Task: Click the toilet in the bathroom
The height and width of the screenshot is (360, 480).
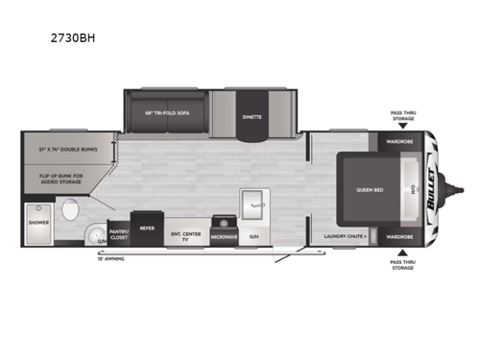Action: [x=68, y=208]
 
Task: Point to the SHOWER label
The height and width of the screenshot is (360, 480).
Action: [x=37, y=222]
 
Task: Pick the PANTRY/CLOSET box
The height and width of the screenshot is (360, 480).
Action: [x=119, y=232]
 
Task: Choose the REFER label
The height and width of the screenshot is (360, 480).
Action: [x=148, y=228]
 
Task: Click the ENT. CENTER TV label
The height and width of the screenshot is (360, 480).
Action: [x=186, y=234]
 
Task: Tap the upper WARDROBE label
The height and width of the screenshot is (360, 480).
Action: [x=399, y=140]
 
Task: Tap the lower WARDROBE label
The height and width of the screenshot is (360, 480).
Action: [x=399, y=235]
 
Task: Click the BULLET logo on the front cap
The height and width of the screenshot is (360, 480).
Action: [x=429, y=185]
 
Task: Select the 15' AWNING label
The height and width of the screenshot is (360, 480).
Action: [x=112, y=258]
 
